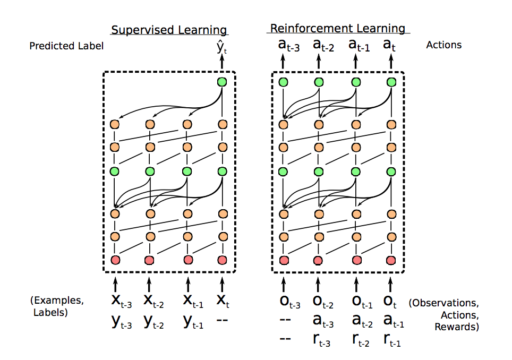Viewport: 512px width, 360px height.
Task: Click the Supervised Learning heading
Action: click(x=168, y=30)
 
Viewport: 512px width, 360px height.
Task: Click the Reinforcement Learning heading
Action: click(x=337, y=28)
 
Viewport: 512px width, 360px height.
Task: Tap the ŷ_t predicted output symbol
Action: click(x=222, y=49)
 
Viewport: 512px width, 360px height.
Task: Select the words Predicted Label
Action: click(x=66, y=46)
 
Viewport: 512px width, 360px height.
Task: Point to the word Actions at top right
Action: click(x=443, y=45)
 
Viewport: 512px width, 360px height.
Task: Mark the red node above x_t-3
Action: click(x=115, y=260)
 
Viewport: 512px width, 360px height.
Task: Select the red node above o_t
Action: click(x=391, y=260)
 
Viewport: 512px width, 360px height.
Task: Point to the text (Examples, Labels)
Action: click(x=57, y=307)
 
